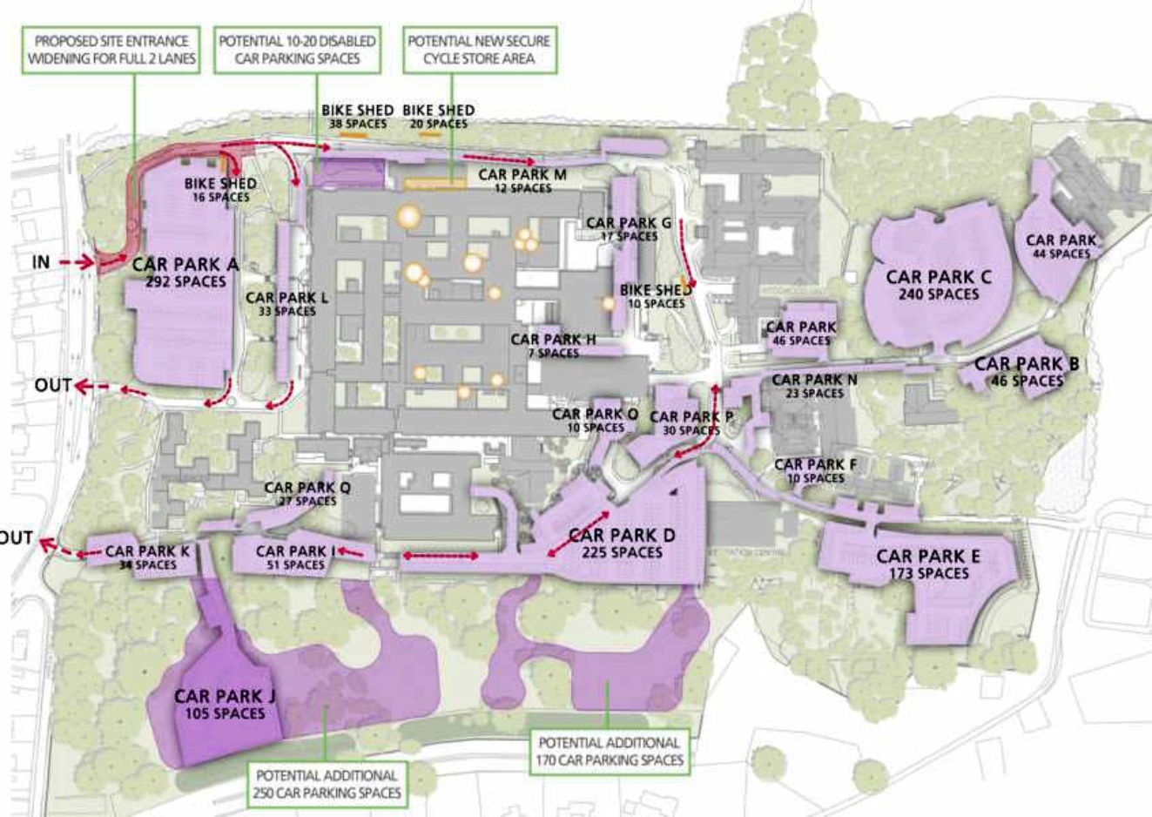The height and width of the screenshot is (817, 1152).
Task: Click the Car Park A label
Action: (185, 272)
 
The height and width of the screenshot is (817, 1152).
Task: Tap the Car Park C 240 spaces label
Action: (939, 285)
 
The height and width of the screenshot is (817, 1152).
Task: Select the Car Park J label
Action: (225, 704)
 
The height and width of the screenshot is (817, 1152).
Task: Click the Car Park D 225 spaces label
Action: (622, 543)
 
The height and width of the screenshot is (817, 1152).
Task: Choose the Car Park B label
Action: (1026, 371)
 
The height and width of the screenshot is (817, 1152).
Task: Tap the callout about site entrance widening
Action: (111, 50)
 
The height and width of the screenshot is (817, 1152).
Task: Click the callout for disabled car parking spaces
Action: (297, 50)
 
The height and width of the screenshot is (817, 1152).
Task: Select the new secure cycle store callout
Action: (479, 50)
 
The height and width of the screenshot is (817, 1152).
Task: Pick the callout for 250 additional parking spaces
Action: (327, 783)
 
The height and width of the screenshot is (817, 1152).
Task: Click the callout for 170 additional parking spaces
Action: (609, 751)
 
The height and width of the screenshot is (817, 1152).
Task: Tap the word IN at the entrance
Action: (42, 261)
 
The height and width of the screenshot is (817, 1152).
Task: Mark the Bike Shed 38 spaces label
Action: (357, 117)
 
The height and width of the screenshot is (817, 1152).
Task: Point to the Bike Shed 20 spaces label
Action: (439, 117)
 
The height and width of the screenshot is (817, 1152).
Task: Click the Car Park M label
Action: (522, 180)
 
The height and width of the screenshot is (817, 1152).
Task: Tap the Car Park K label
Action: (147, 557)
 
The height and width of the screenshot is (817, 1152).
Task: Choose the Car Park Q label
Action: (307, 494)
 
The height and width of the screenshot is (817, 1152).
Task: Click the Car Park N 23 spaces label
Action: (814, 386)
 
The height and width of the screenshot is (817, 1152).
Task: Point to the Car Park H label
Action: (554, 346)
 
